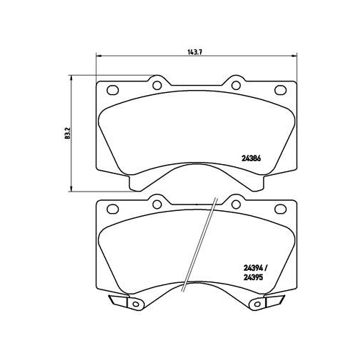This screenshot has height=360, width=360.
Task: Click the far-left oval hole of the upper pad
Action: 112,91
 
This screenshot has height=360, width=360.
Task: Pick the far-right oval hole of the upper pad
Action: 280,91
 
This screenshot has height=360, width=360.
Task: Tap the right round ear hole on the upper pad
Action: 235,84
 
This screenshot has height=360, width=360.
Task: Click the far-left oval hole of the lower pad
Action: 112,210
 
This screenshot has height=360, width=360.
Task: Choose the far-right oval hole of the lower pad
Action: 280,210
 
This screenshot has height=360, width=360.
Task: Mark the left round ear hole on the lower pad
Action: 156,204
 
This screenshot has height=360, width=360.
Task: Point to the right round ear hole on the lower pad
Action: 235,204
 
